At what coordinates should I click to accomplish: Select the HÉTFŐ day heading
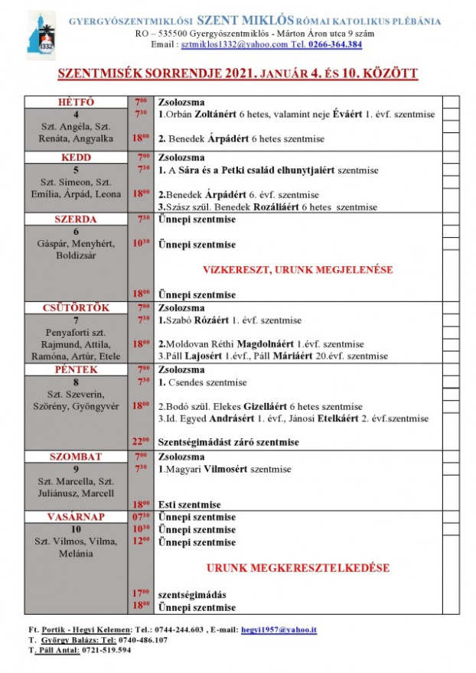[x=77, y=102]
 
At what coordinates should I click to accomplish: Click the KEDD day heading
[x=77, y=158]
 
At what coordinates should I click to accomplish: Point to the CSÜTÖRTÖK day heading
[x=77, y=307]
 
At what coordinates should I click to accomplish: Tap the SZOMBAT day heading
[x=77, y=457]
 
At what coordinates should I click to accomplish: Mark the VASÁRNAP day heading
[x=77, y=517]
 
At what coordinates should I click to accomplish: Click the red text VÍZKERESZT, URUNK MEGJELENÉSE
[x=298, y=270]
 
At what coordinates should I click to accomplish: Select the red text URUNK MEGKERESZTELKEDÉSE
[x=298, y=568]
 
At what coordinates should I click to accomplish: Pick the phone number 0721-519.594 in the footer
[x=100, y=650]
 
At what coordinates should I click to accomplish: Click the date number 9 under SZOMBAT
[x=77, y=470]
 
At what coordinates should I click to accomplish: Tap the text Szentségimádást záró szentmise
[x=228, y=442]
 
